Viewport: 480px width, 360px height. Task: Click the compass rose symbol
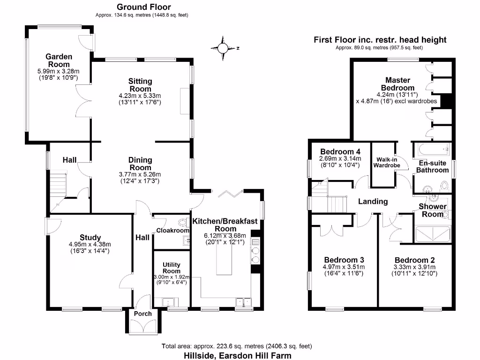click(x=224, y=48)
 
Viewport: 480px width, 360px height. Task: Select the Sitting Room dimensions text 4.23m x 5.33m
click(x=140, y=96)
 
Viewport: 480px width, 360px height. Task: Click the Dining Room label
click(x=140, y=164)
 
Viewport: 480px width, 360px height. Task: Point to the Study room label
click(x=90, y=237)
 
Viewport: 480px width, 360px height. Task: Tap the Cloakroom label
click(x=172, y=230)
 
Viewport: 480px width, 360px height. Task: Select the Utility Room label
click(x=172, y=268)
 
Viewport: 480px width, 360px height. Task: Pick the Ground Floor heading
click(x=143, y=7)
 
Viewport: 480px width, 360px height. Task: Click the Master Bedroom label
click(x=397, y=84)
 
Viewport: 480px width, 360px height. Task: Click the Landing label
click(x=373, y=202)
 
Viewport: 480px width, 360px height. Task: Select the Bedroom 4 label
click(x=340, y=152)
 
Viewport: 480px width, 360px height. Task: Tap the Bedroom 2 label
click(x=412, y=260)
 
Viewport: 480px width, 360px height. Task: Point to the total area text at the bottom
click(x=237, y=346)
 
